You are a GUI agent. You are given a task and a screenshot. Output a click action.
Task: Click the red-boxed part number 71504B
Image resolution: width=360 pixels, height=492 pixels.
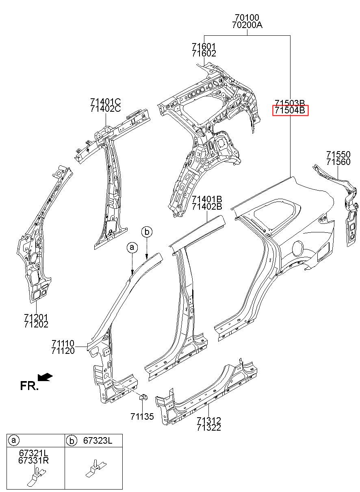290,110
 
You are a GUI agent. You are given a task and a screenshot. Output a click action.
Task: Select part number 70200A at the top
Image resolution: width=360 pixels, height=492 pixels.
247,25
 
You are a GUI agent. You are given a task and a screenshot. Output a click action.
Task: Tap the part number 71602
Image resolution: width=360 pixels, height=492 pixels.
204,53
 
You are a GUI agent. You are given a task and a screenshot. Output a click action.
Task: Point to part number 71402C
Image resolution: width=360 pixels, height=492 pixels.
105,108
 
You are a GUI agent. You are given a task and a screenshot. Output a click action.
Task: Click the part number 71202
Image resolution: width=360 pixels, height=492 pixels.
36,324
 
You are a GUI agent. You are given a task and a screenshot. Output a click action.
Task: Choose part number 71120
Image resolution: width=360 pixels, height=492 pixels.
63,351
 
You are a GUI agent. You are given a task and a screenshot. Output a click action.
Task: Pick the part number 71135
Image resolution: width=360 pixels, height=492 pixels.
142,416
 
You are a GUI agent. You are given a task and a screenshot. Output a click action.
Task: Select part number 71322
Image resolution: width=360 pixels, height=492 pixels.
209,427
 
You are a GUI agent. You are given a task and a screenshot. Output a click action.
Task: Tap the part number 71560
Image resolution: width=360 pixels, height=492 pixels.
338,162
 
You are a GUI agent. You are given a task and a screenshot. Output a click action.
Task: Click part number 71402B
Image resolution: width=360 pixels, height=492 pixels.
207,206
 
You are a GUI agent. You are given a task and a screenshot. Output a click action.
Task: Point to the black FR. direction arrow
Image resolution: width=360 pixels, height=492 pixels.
45,377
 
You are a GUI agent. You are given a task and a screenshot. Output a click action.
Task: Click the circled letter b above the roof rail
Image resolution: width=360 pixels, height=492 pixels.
147,232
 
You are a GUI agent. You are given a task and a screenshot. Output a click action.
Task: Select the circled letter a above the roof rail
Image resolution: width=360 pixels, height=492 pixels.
132,247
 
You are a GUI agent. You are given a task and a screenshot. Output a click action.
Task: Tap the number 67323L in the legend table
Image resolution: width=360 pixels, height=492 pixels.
98,440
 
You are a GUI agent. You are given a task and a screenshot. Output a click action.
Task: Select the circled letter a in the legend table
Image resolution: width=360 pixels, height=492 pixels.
14,440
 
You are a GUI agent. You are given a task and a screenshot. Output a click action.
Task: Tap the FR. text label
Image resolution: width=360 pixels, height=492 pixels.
29,386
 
